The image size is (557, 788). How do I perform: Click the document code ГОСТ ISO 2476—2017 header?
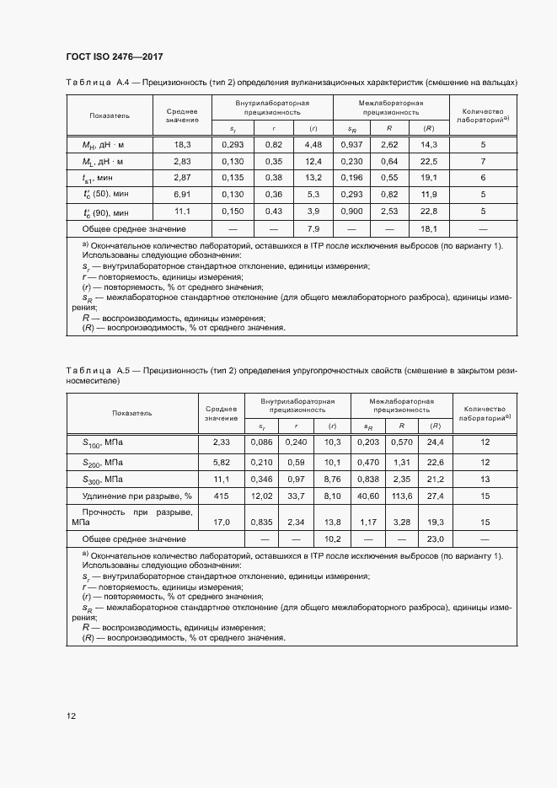114,56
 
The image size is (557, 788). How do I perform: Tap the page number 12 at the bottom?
71,716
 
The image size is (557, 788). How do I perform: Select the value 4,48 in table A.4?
313,144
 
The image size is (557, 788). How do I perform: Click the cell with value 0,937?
352,144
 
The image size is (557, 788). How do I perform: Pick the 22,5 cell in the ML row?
429,161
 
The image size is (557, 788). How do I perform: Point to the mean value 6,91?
182,195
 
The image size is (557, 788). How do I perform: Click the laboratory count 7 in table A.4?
483,161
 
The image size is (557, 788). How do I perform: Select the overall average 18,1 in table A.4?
429,228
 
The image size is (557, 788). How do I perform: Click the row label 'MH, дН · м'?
103,144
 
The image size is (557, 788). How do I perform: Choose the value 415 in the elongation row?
221,496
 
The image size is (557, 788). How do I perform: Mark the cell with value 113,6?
401,496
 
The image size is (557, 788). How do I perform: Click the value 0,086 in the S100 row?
262,442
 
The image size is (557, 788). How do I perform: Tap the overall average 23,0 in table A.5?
436,538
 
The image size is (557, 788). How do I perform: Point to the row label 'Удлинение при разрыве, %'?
137,496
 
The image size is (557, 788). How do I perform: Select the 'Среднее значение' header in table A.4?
182,115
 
